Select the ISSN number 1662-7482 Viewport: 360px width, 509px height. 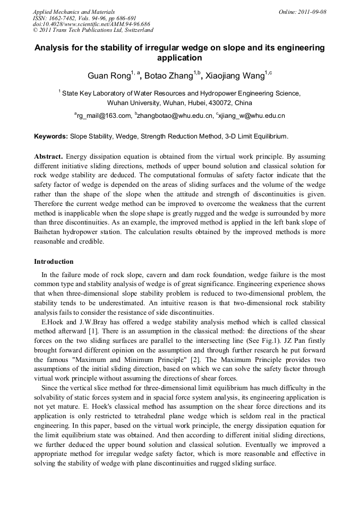point(63,18)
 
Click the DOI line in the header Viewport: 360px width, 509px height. point(91,24)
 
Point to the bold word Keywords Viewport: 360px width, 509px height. point(50,136)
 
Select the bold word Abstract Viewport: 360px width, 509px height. point(49,157)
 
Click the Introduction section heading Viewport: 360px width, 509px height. point(54,262)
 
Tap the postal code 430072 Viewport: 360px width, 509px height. point(224,103)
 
